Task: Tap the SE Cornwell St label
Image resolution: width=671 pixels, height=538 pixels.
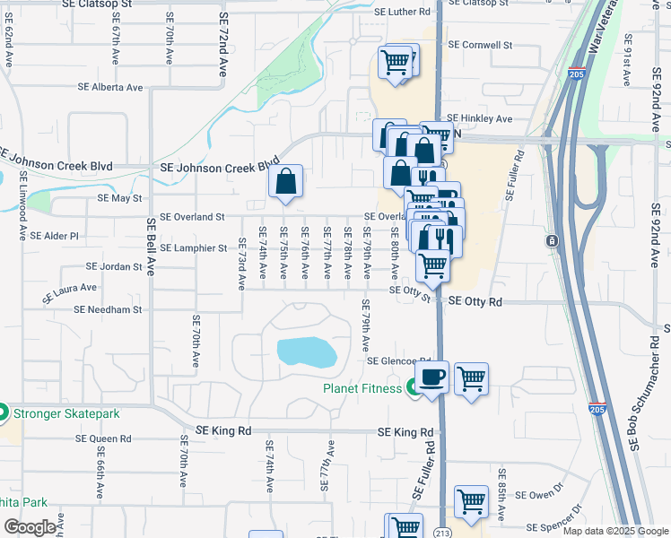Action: pos(480,44)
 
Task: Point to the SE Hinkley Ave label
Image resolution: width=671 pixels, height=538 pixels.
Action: pos(479,118)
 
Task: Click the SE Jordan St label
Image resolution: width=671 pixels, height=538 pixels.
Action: pos(114,266)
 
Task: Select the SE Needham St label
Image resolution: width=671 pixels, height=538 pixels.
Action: pos(108,309)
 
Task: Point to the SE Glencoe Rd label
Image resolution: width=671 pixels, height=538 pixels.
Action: pos(399,361)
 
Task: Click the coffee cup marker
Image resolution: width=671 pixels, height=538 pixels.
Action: pos(431,377)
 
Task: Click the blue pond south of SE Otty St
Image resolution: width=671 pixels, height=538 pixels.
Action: pos(308,351)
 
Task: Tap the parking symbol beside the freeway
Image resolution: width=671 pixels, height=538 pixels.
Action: pos(551,241)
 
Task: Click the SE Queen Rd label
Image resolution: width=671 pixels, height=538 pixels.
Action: pos(103,439)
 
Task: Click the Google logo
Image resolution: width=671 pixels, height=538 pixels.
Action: pos(30,527)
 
